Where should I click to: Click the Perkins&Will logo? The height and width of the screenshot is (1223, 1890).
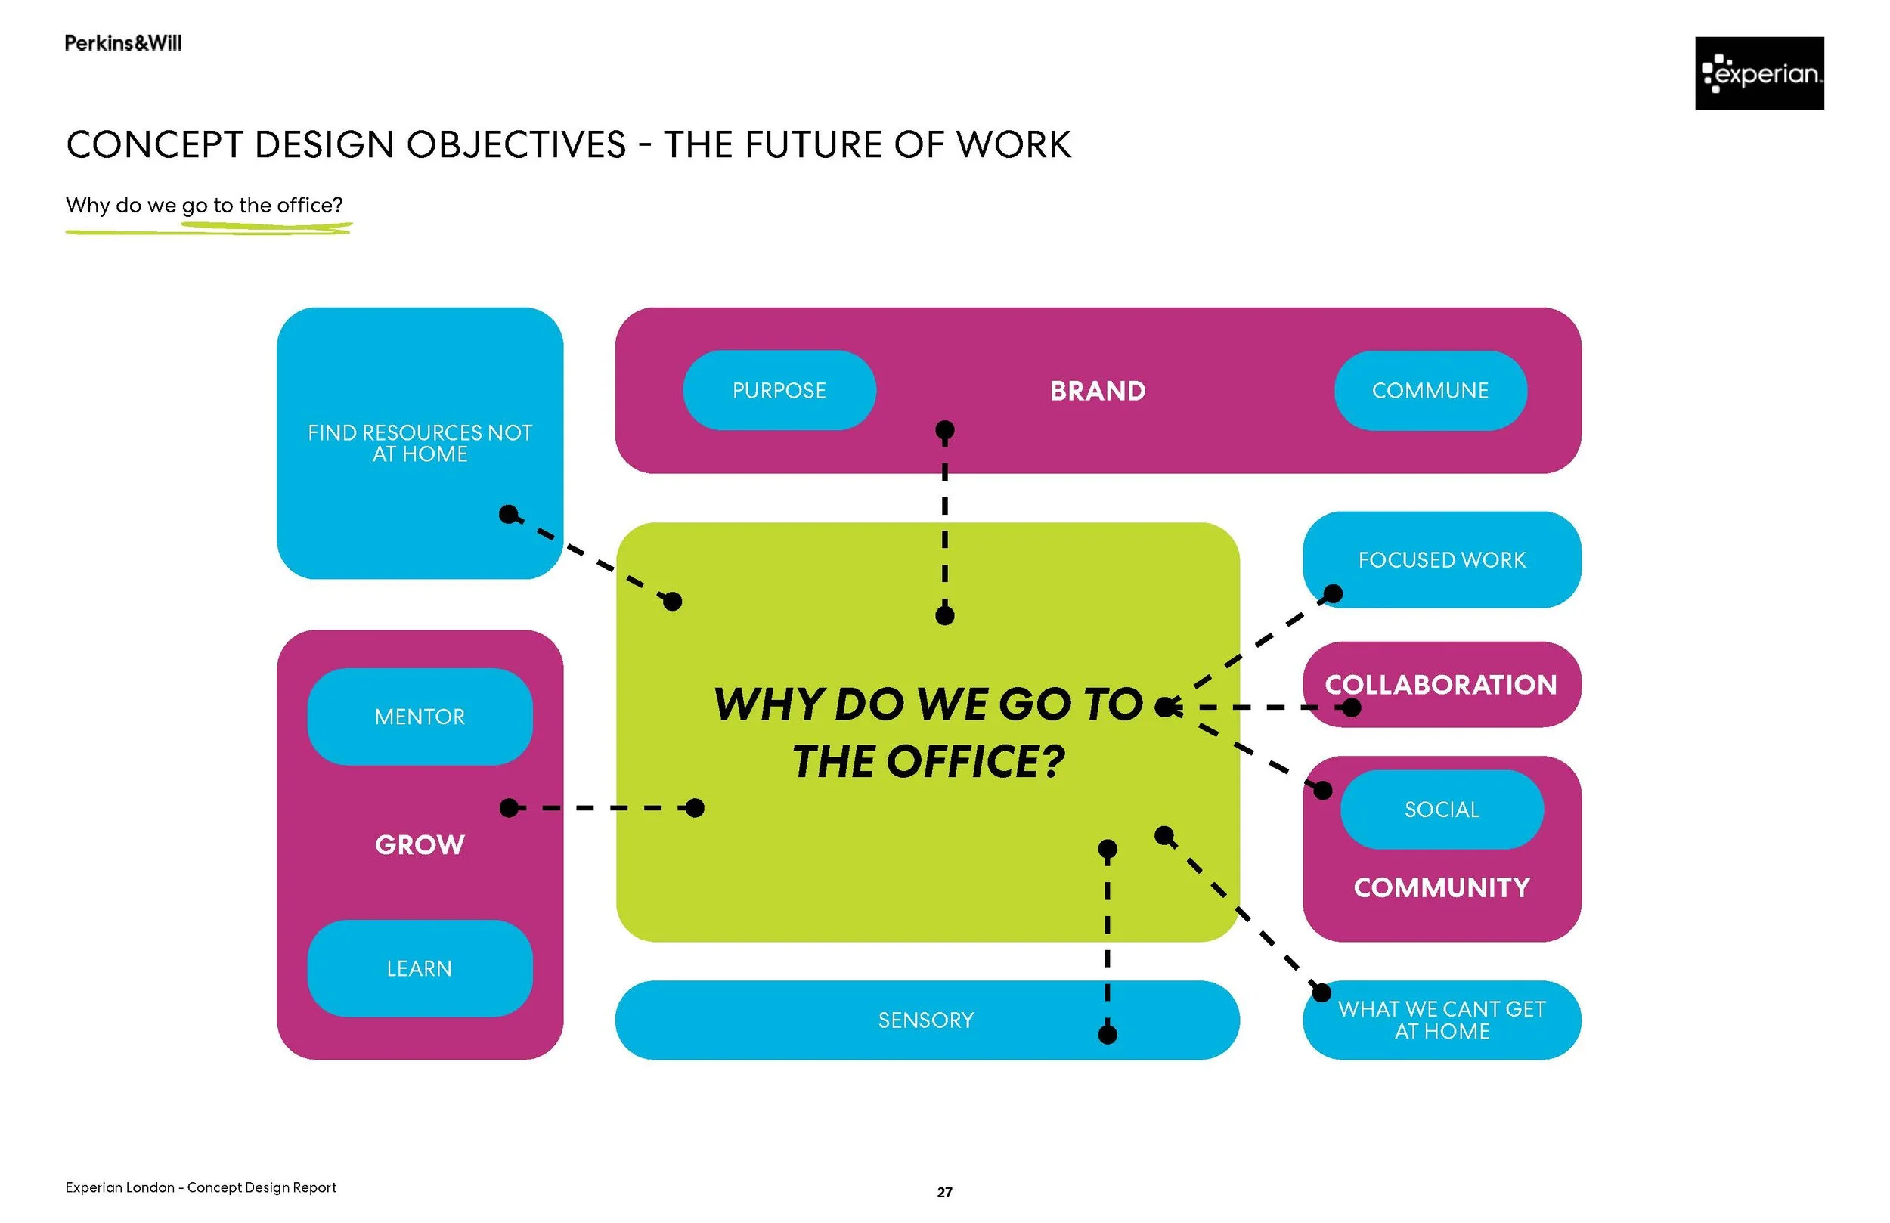pos(123,43)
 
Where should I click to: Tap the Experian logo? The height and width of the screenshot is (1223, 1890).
pos(1759,73)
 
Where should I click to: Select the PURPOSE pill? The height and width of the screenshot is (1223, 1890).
pos(779,391)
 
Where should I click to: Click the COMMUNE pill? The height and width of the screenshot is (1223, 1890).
pos(1430,391)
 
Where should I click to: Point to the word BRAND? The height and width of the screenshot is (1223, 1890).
pos(1098,391)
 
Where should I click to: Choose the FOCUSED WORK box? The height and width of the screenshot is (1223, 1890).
pos(1442,560)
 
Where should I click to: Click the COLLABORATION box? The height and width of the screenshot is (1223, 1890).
pos(1442,685)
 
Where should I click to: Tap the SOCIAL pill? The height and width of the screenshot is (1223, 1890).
pos(1442,810)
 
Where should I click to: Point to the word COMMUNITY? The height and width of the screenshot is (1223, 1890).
pos(1442,887)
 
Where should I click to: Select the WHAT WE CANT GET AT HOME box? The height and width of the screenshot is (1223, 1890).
pos(1442,1020)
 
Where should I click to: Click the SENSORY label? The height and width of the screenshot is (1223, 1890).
pos(926,1020)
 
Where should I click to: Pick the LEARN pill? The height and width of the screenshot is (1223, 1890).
pos(420,968)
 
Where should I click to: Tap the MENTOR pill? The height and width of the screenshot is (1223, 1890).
pos(420,717)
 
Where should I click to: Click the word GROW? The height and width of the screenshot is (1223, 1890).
pos(420,844)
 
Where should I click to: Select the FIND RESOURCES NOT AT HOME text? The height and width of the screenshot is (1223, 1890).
pos(420,443)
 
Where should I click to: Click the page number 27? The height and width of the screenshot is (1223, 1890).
pos(944,1192)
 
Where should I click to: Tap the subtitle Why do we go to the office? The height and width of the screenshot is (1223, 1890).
pos(204,205)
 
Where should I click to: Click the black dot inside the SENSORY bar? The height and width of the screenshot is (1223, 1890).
pos(1107,1034)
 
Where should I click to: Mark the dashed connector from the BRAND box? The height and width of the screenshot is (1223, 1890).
pos(944,524)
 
